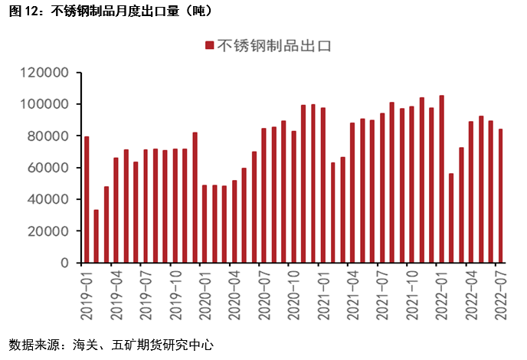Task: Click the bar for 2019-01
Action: (x=87, y=199)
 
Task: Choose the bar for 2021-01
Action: (x=323, y=185)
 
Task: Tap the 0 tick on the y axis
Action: (x=66, y=263)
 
